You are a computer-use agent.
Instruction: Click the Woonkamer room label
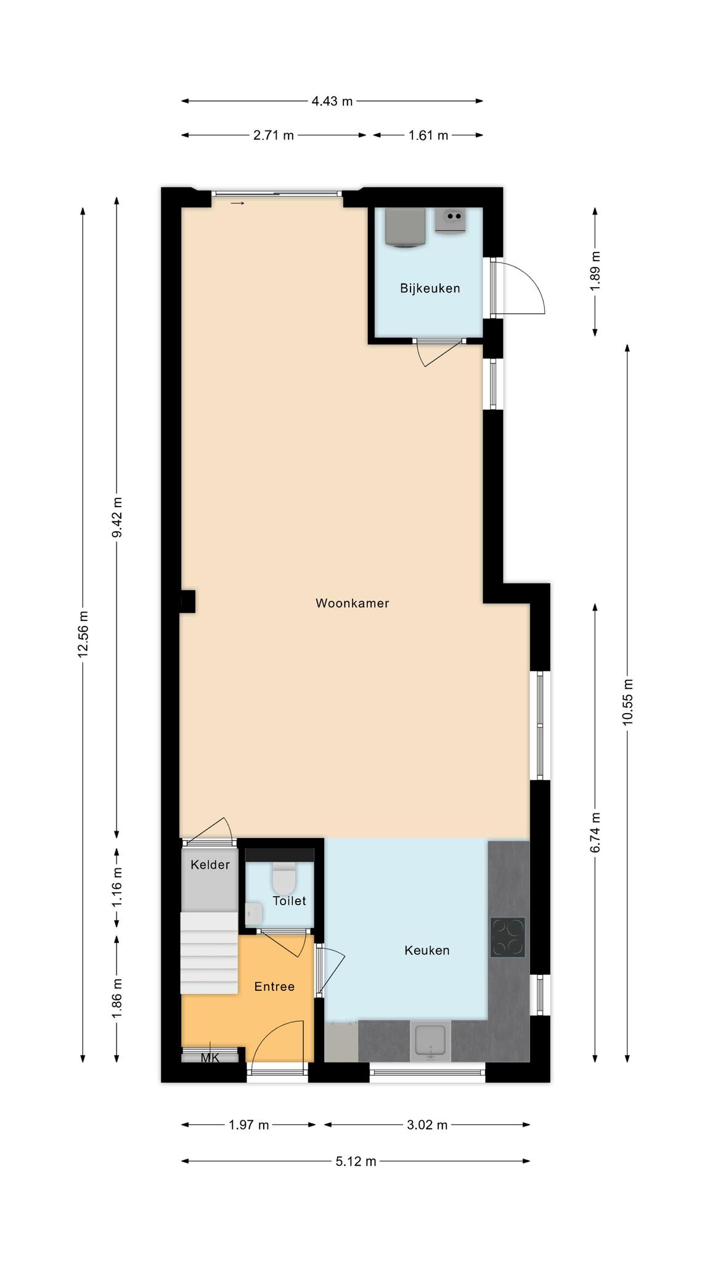point(352,603)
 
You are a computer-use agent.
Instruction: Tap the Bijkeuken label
point(430,288)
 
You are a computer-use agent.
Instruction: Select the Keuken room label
point(426,950)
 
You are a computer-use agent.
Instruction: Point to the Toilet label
point(289,901)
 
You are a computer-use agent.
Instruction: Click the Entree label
point(274,987)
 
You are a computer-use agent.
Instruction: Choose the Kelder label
point(210,865)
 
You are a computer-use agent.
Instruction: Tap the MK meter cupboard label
point(210,1058)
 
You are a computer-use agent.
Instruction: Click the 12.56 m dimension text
point(83,634)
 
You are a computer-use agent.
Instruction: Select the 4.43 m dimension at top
point(332,101)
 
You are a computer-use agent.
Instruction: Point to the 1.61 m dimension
point(428,136)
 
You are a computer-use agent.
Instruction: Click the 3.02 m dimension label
point(427,1125)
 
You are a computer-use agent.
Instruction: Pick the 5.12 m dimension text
point(356,1162)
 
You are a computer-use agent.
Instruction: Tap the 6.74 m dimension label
point(595,833)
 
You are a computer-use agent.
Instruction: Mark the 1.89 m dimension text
point(595,272)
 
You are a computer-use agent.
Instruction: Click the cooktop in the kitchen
point(508,937)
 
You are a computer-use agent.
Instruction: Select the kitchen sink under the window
point(431,1041)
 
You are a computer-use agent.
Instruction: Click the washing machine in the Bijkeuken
point(405,227)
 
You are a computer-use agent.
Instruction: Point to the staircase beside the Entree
point(209,953)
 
